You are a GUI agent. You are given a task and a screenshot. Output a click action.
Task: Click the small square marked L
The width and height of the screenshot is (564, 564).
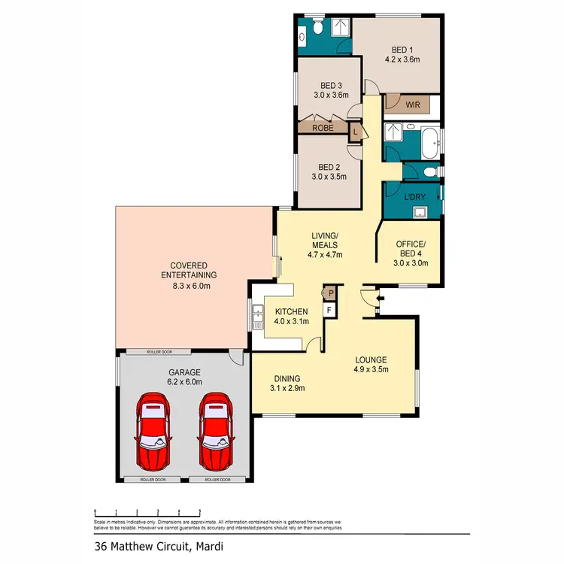click(x=356, y=132)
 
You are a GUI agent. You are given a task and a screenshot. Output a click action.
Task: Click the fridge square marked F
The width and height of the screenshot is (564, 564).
click(x=329, y=308)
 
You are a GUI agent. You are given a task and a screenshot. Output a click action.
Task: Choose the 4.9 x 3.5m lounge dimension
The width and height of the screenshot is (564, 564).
click(x=374, y=369)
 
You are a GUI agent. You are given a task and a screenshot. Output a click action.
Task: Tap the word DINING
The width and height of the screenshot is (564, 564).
click(x=288, y=378)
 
